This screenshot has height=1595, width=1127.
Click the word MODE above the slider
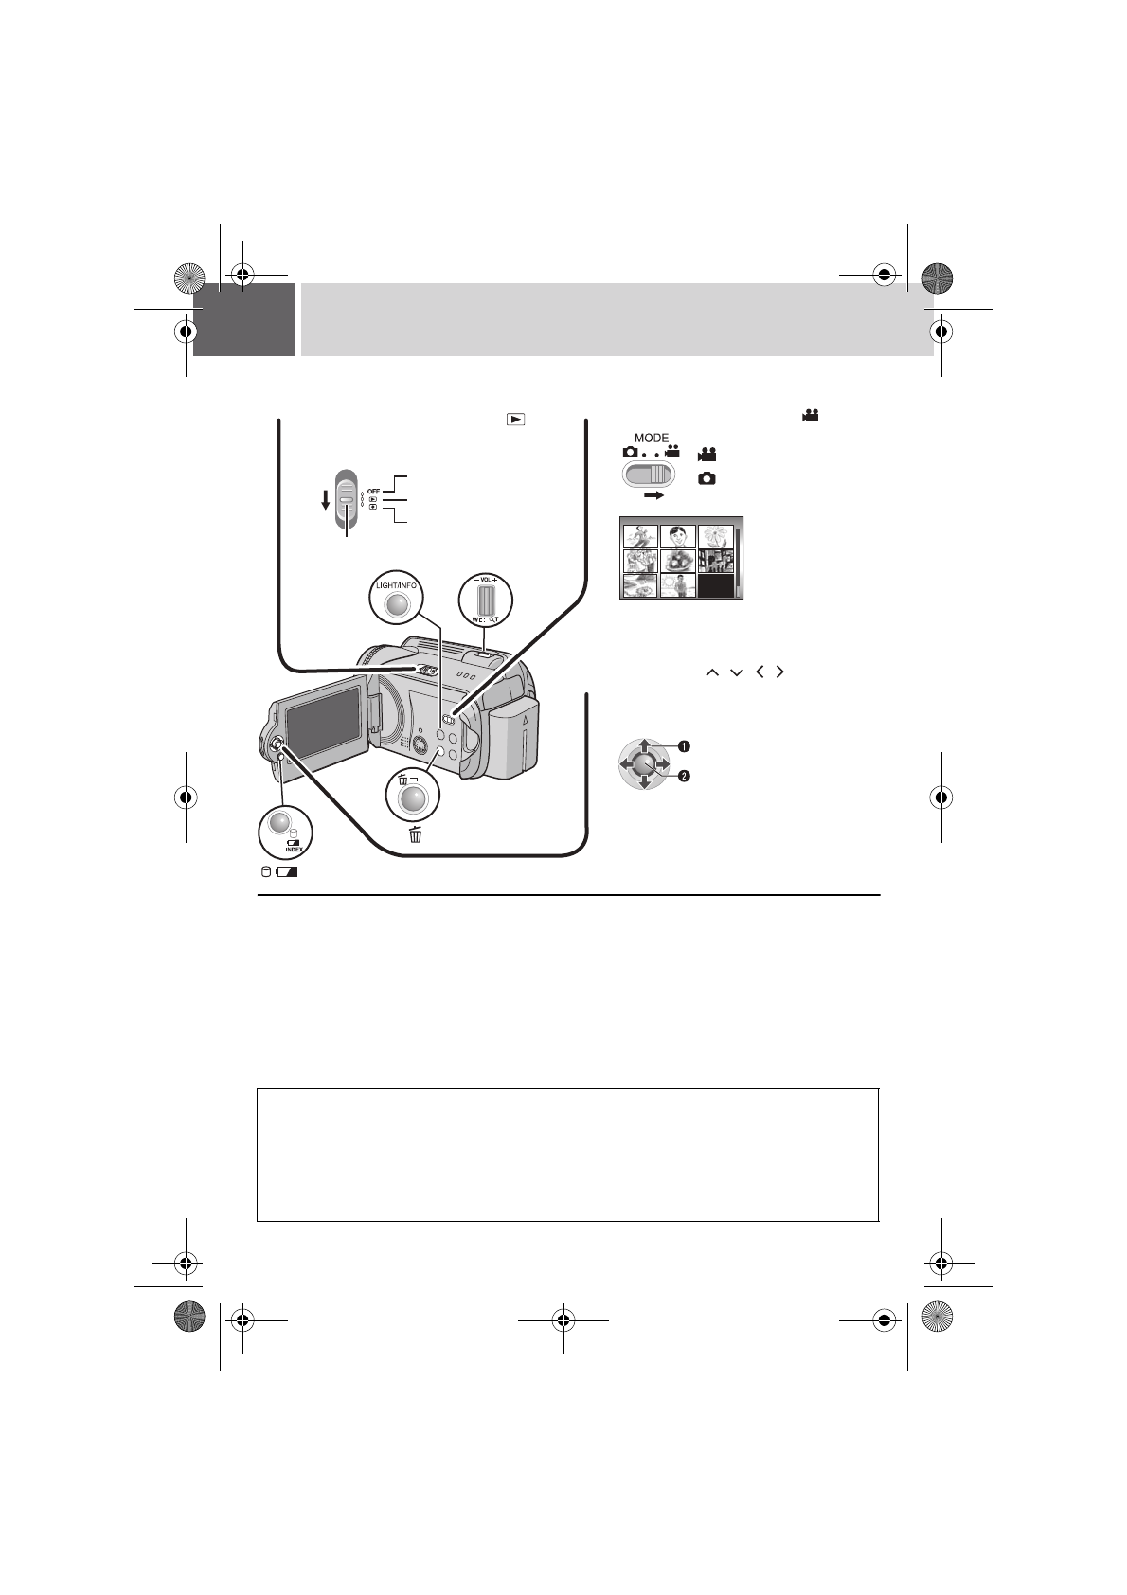tap(652, 439)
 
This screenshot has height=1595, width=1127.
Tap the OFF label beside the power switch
tap(374, 490)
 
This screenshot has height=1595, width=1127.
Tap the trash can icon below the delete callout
tap(415, 834)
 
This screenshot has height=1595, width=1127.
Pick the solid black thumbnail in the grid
tap(716, 585)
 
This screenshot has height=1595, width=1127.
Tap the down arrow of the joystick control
tap(643, 782)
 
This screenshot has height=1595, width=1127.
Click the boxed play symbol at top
tap(515, 418)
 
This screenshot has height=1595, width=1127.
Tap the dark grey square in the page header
tap(244, 320)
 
